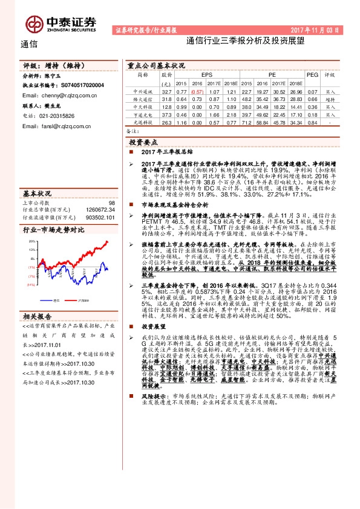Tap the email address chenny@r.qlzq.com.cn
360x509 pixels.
tap(56, 96)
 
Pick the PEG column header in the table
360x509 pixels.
tap(312, 75)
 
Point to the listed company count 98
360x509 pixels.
tap(111, 203)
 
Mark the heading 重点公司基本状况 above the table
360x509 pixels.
tap(155, 64)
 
